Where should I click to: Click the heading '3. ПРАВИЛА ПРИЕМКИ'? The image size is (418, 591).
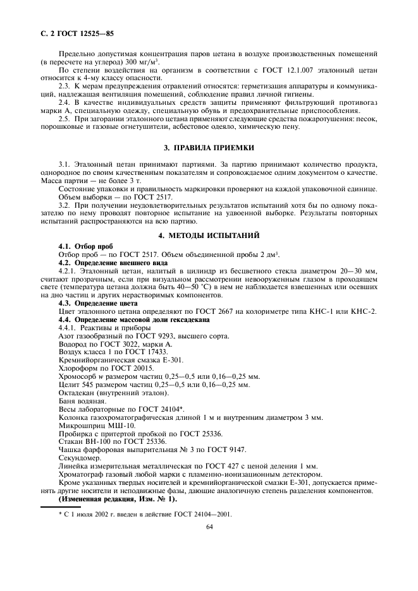209,148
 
